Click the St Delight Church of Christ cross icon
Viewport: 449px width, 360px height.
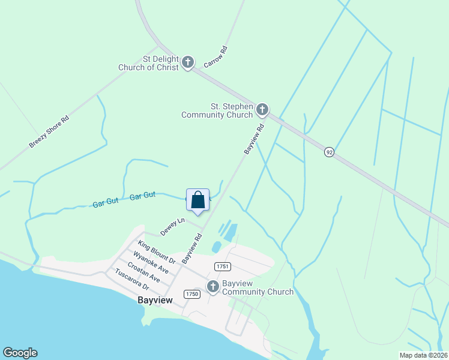click(188, 62)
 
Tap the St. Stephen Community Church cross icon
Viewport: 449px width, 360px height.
click(262, 110)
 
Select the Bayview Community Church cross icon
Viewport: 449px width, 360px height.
click(213, 287)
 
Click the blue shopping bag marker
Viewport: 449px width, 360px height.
click(198, 200)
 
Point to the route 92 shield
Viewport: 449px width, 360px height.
click(329, 152)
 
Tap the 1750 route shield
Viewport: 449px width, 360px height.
click(192, 293)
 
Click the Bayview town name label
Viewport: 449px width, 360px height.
click(155, 300)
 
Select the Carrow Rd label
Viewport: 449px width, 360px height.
click(216, 56)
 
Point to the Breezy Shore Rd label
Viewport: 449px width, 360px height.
click(49, 131)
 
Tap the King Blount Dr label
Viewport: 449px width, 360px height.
click(156, 253)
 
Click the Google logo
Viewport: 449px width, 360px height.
click(20, 353)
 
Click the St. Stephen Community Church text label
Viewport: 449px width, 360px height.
click(217, 110)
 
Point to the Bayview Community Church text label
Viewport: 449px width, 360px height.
click(258, 287)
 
